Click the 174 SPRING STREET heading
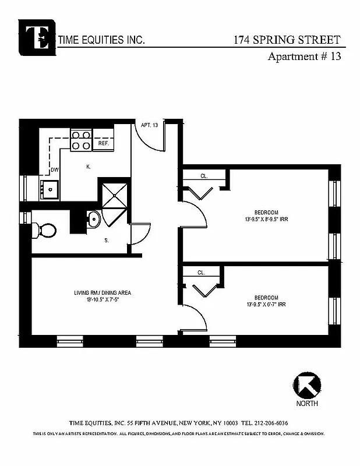[x=286, y=40]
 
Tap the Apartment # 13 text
[x=303, y=57]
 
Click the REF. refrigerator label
[x=104, y=143]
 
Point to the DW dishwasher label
[x=54, y=170]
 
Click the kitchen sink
[x=50, y=188]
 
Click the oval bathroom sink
[x=93, y=220]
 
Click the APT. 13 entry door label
[x=149, y=125]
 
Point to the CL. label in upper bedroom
[x=204, y=176]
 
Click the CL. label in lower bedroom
[x=201, y=272]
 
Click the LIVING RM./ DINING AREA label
[x=102, y=292]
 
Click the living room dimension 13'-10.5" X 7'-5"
[x=102, y=299]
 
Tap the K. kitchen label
[x=88, y=167]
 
